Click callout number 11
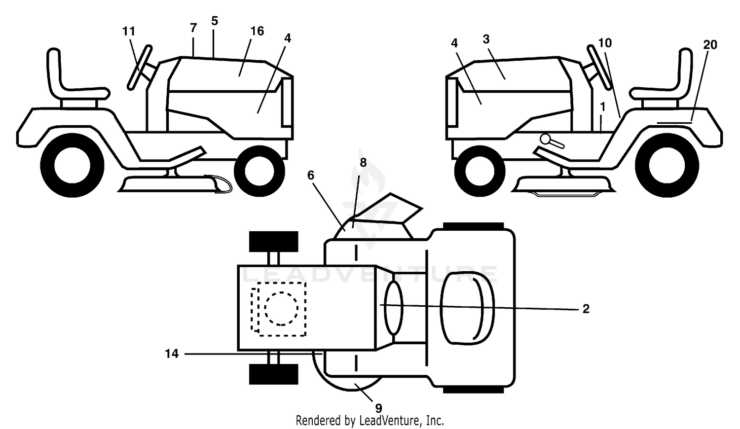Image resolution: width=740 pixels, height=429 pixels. [x=129, y=32]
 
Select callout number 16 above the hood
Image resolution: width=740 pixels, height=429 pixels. [x=257, y=32]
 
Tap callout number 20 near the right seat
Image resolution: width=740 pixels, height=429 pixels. [x=710, y=44]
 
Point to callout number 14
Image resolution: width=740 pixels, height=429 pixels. [x=172, y=354]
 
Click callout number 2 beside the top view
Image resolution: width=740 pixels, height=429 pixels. [x=586, y=309]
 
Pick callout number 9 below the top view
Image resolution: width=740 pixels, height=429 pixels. [x=378, y=408]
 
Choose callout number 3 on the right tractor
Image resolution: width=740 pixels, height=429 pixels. [x=486, y=39]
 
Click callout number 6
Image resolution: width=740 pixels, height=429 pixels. [x=311, y=176]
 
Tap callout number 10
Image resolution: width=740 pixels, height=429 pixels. [x=605, y=43]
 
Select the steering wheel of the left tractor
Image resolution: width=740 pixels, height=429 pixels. [x=140, y=68]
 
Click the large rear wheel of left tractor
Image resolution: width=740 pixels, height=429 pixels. [x=73, y=165]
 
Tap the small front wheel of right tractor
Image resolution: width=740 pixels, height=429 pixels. [x=480, y=172]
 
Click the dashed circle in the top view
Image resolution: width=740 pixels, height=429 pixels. [x=281, y=309]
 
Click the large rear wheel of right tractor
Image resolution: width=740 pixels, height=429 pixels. [x=667, y=165]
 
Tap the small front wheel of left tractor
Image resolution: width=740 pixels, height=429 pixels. [x=259, y=172]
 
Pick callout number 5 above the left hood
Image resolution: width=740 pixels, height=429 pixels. [x=215, y=21]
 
